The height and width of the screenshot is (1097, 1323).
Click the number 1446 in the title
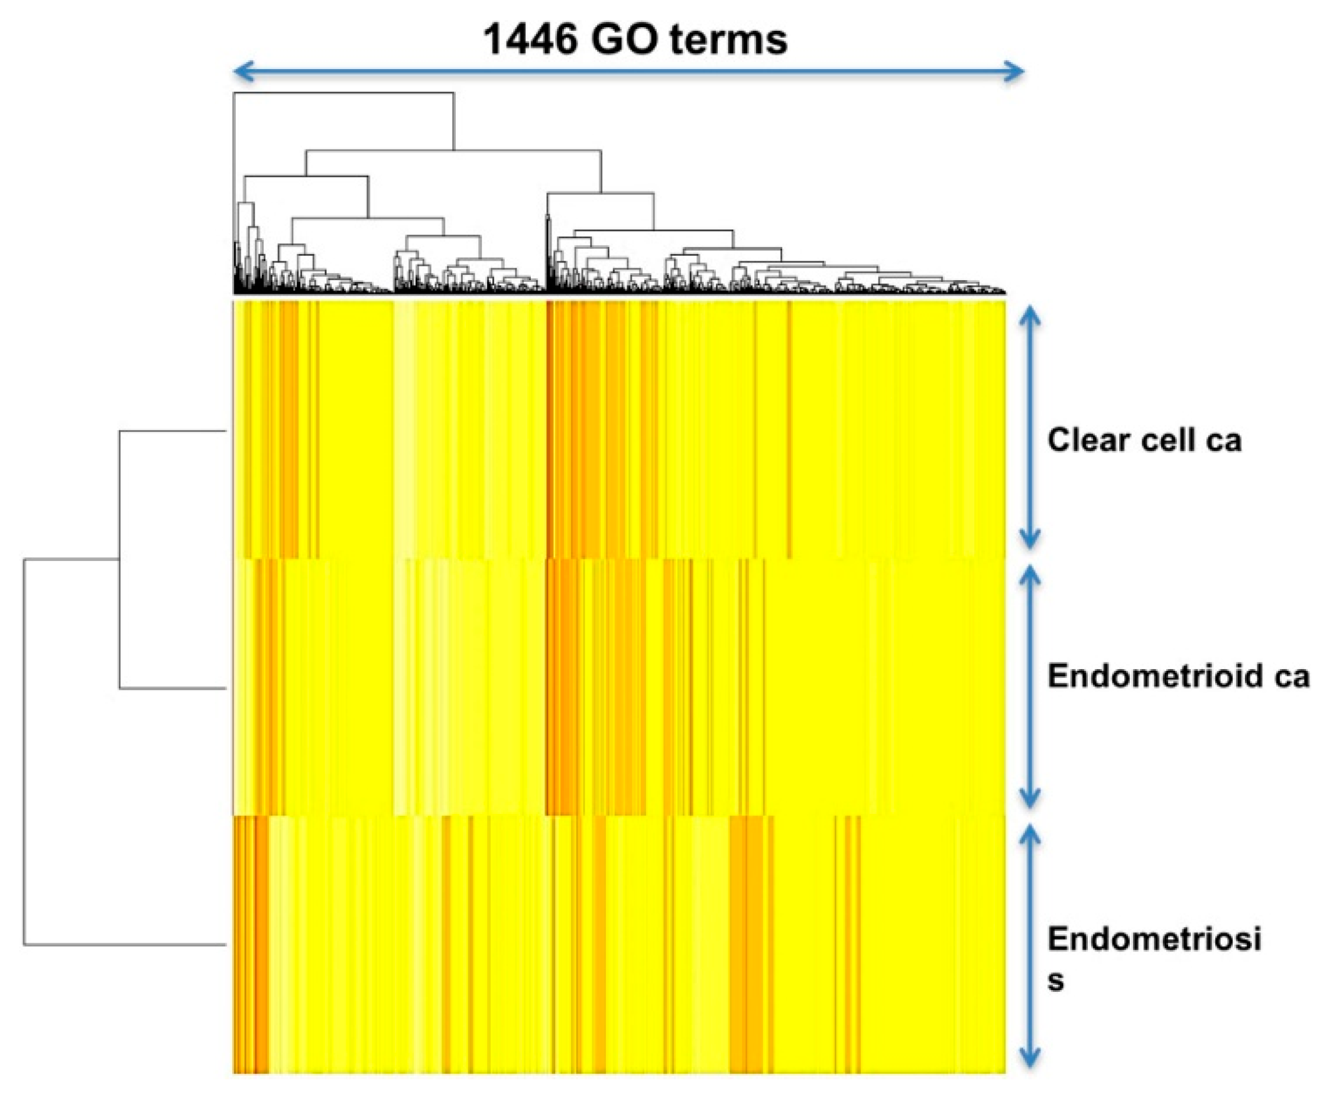pyautogui.click(x=530, y=40)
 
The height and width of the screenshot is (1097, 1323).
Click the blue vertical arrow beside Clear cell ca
pyautogui.click(x=1029, y=429)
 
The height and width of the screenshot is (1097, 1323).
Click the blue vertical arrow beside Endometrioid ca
pyautogui.click(x=1029, y=686)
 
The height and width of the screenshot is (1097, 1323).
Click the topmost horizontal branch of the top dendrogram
pyautogui.click(x=343, y=93)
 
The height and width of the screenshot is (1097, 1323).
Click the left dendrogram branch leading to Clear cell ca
pyautogui.click(x=173, y=431)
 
